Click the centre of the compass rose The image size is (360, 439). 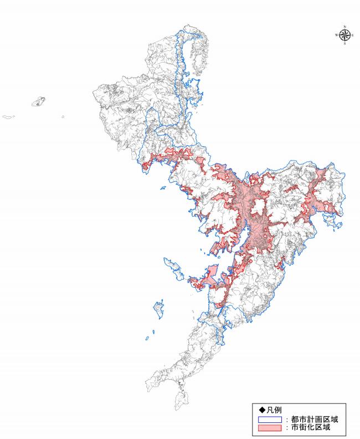[x=344, y=35]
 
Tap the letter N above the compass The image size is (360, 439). [x=344, y=27]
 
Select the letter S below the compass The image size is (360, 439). [x=344, y=44]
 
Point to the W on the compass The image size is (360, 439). [x=336, y=35]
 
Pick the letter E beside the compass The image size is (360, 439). [x=353, y=35]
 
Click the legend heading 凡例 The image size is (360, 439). [x=271, y=410]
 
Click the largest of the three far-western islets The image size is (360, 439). [x=38, y=102]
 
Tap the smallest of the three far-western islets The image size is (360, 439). [x=63, y=117]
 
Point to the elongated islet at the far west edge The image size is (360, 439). [x=8, y=117]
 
